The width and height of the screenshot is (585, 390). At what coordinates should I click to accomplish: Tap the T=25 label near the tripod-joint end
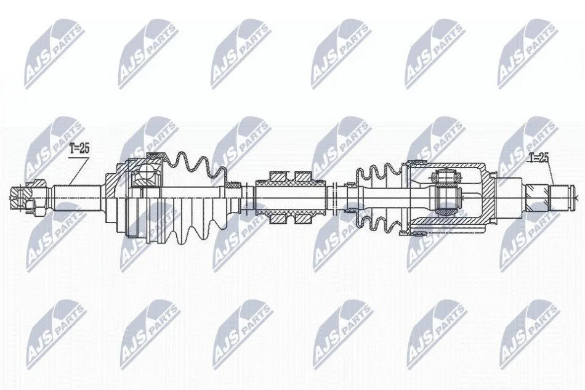click(538, 158)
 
